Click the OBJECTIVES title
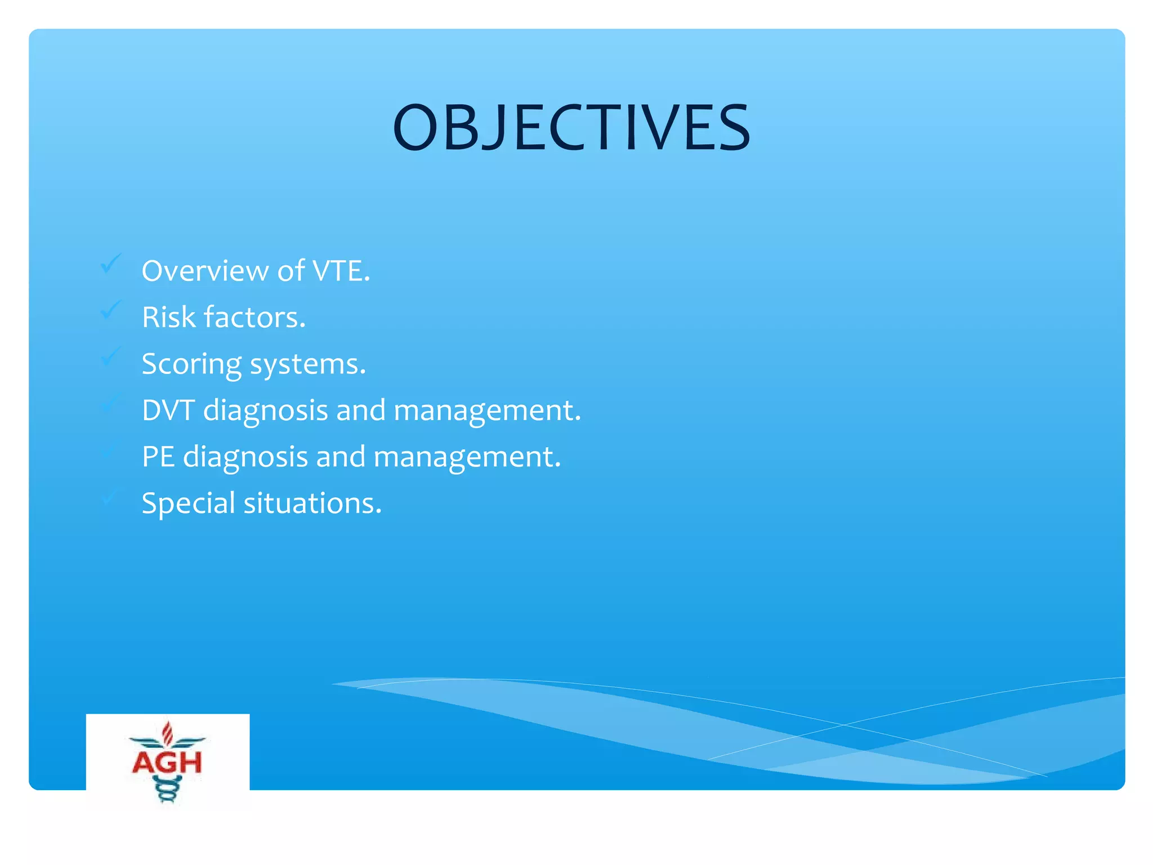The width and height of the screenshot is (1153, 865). tap(571, 128)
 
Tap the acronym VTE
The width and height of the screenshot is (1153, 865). tap(341, 271)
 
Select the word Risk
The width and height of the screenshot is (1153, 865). tap(168, 317)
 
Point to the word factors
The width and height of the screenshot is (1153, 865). tap(255, 317)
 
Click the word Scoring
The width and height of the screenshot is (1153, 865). tap(191, 364)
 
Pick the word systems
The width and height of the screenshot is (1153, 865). tap(308, 364)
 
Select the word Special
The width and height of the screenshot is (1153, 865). tap(188, 503)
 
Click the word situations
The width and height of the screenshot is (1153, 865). tap(312, 503)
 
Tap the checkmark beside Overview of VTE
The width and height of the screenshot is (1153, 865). tap(111, 263)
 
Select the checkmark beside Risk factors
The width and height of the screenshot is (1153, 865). tap(111, 310)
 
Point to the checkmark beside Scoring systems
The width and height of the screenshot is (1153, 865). tap(111, 356)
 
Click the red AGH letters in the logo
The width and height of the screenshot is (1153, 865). tap(167, 763)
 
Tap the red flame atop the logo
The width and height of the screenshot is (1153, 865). tap(167, 732)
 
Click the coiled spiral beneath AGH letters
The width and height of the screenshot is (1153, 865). tap(167, 788)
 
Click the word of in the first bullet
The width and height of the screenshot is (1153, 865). tap(291, 271)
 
